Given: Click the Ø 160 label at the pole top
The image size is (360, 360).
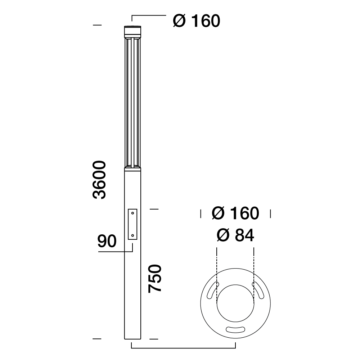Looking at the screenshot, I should click(196, 21).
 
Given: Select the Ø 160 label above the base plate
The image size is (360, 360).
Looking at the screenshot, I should click(235, 213).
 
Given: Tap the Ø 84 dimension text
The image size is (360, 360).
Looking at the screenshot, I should click(235, 235).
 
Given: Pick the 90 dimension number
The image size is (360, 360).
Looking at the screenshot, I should click(107, 241).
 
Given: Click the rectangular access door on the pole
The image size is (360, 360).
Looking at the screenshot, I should click(132, 224).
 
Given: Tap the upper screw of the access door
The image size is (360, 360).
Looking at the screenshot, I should click(132, 213).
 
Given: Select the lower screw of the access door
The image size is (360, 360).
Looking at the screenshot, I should click(132, 235).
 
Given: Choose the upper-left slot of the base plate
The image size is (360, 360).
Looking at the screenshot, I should click(212, 290).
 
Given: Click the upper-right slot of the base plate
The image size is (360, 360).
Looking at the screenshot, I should click(259, 290).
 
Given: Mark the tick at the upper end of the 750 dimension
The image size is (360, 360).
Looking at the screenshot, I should click(154, 208).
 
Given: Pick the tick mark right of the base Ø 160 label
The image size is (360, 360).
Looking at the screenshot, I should click(270, 214).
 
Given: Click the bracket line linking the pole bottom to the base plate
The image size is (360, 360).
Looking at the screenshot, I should click(184, 348).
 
